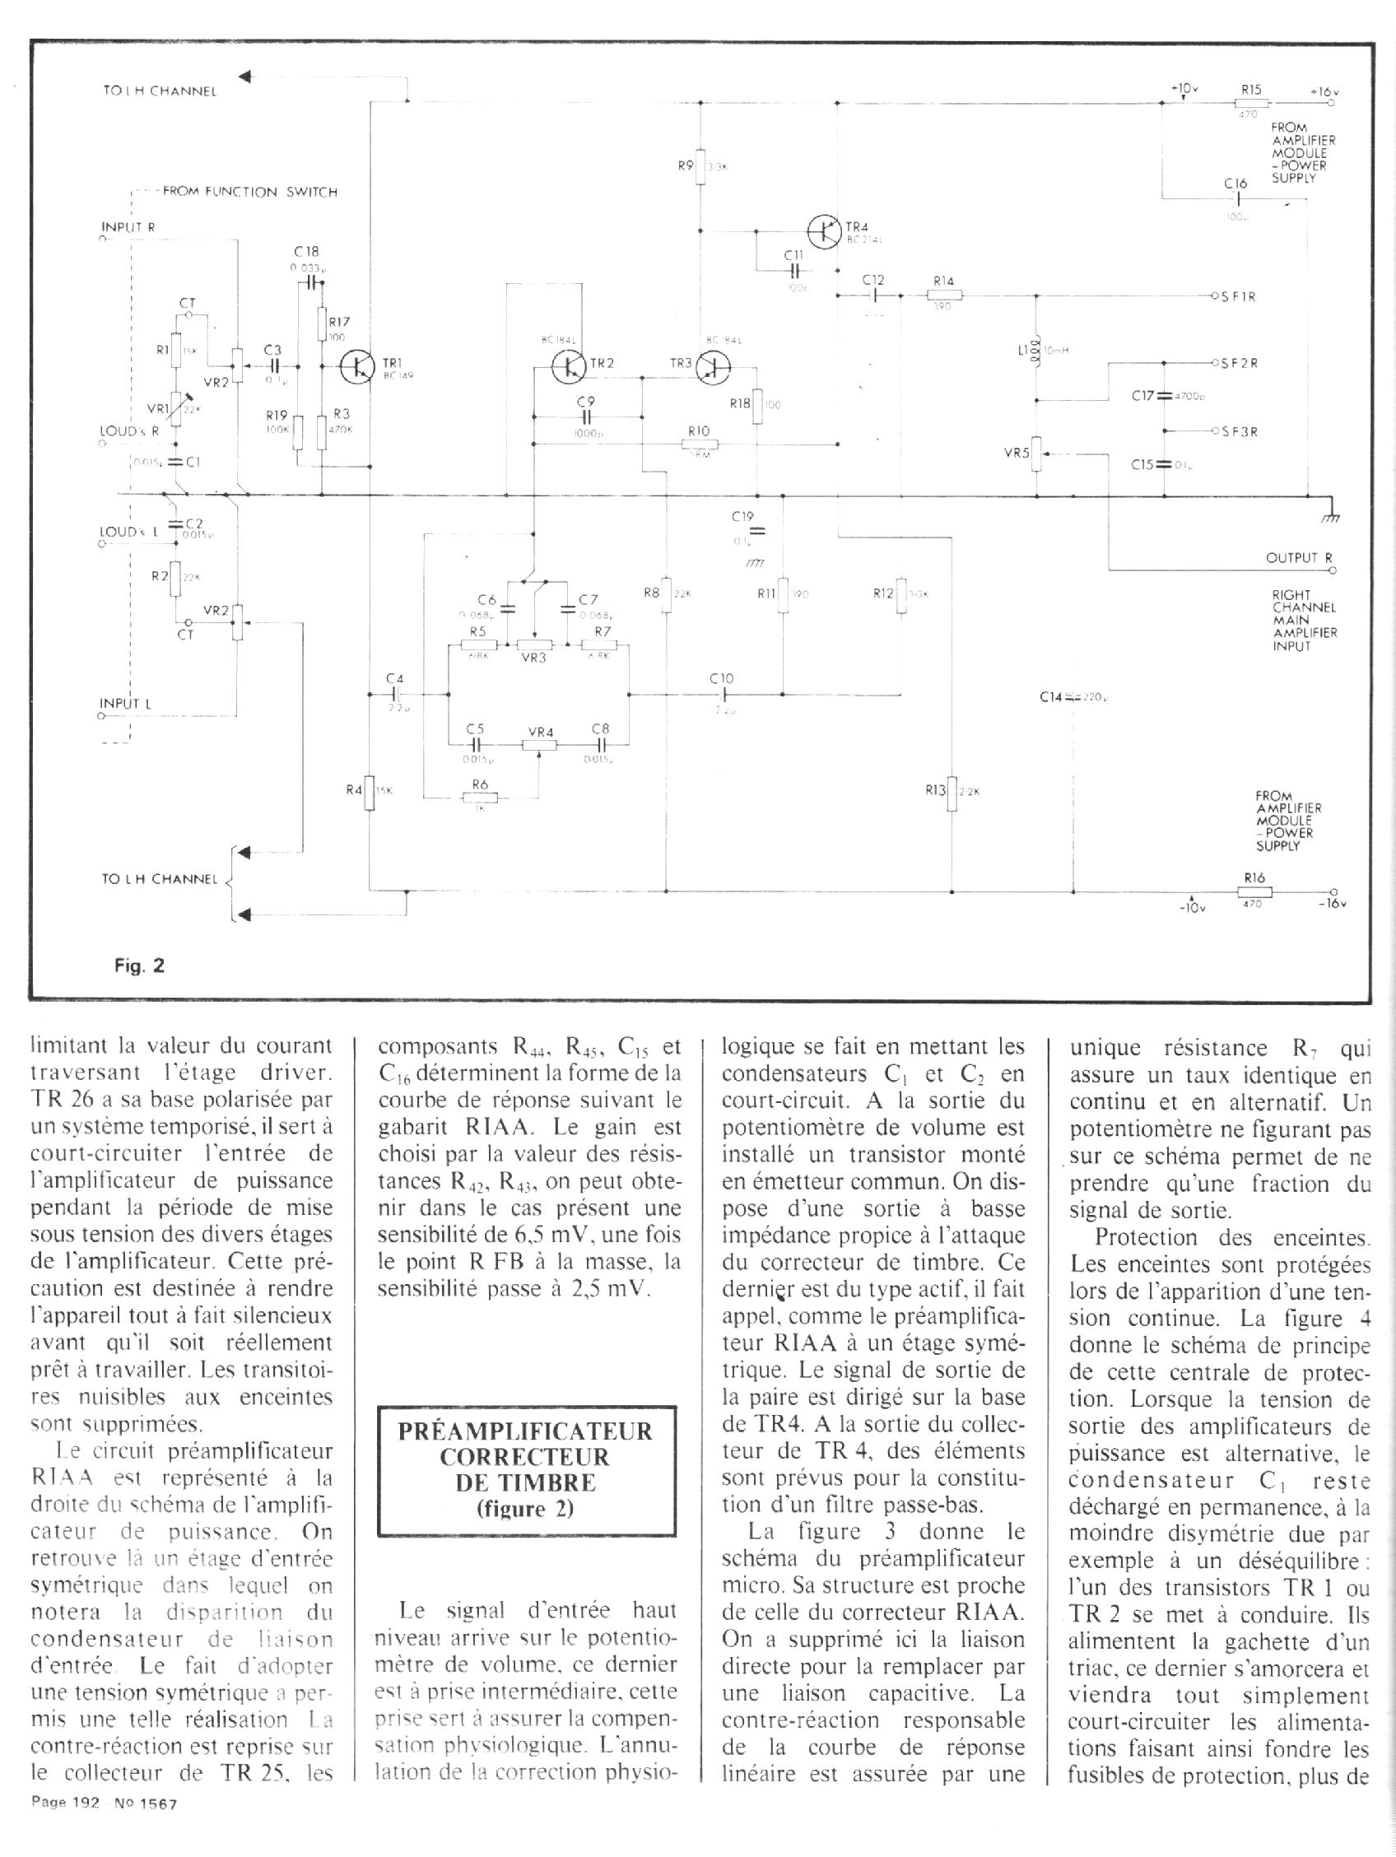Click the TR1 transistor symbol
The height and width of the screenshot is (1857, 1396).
pos(356,366)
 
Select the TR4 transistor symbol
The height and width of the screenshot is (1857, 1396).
pos(824,229)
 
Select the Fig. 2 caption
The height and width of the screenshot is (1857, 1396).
pos(139,966)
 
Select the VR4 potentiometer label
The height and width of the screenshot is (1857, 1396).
pos(541,731)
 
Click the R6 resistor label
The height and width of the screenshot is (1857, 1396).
pos(480,783)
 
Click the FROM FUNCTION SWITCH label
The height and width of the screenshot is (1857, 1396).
pos(249,193)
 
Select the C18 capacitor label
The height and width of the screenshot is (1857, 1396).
pos(306,252)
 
